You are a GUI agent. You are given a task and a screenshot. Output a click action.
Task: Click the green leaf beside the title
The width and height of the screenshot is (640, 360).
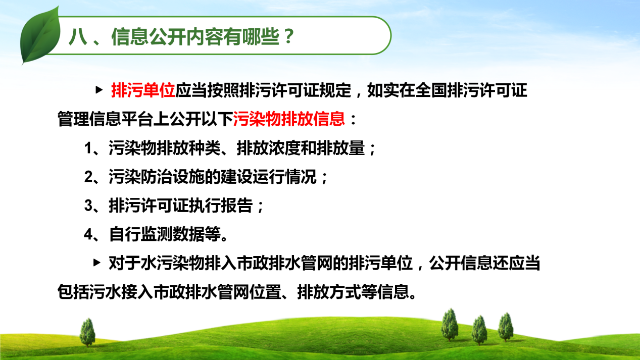pyautogui.click(x=40, y=36)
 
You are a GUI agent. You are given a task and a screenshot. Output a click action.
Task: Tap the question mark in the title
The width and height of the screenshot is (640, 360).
pyautogui.click(x=289, y=36)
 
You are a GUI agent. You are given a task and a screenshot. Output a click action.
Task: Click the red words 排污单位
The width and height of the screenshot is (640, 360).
pyautogui.click(x=143, y=90)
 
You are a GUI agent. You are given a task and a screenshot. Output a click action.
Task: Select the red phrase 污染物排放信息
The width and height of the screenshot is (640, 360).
pyautogui.click(x=289, y=119)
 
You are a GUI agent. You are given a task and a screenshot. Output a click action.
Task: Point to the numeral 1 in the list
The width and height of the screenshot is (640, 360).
pyautogui.click(x=88, y=148)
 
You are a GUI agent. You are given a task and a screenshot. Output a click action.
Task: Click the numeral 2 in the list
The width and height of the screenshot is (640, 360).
pyautogui.click(x=88, y=177)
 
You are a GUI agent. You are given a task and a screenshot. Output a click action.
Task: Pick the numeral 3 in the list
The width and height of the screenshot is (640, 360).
pyautogui.click(x=88, y=206)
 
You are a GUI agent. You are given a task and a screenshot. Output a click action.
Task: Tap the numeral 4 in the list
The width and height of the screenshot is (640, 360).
pyautogui.click(x=88, y=235)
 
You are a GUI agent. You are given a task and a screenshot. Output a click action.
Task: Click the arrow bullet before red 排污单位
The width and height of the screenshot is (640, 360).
pyautogui.click(x=99, y=90)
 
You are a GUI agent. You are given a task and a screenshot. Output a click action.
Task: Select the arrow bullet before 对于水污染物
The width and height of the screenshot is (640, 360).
pyautogui.click(x=97, y=263)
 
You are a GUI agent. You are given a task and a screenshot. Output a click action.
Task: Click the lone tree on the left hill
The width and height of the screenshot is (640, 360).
pyautogui.click(x=87, y=333)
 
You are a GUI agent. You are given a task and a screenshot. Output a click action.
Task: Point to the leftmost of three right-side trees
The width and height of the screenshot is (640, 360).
pyautogui.click(x=450, y=325)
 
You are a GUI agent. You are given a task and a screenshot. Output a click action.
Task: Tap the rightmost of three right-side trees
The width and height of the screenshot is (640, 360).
pyautogui.click(x=506, y=327)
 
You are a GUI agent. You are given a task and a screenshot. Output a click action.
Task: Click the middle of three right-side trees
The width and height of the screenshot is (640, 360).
pyautogui.click(x=479, y=330)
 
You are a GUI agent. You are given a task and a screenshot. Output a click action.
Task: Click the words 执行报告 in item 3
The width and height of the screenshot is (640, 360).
pyautogui.click(x=221, y=205)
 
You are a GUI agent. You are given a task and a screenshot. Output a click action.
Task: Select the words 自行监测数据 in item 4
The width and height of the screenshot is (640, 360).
pyautogui.click(x=157, y=234)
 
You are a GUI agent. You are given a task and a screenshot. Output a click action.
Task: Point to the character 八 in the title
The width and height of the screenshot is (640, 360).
pyautogui.click(x=78, y=36)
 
